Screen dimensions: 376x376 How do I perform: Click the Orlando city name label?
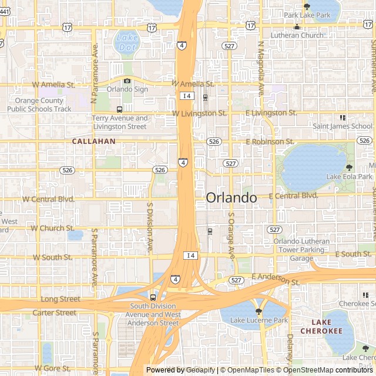pyautogui.click(x=231, y=198)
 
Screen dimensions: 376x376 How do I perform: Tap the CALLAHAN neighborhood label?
pyautogui.click(x=93, y=142)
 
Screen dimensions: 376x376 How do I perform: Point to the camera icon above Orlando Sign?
pyautogui.click(x=127, y=81)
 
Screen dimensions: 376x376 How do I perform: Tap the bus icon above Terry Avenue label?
pyautogui.click(x=120, y=109)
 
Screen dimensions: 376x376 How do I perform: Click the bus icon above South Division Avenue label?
pyautogui.click(x=153, y=297)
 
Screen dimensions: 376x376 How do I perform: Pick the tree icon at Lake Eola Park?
pyautogui.click(x=350, y=167)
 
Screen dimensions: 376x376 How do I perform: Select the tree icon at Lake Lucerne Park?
pyautogui.click(x=258, y=311)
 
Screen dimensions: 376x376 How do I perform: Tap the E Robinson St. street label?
pyautogui.click(x=270, y=142)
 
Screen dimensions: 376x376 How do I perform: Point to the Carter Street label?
pyautogui.click(x=54, y=313)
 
